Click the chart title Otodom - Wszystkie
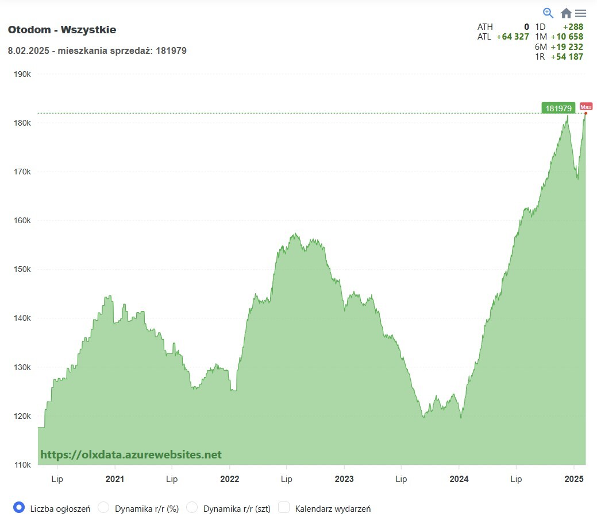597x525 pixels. pos(62,30)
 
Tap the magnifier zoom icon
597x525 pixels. pos(548,13)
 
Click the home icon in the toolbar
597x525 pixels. pos(566,13)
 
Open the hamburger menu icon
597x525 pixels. pos(580,13)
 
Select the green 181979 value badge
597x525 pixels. pos(558,108)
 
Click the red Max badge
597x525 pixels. pos(586,107)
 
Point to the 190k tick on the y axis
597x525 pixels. pos(22,74)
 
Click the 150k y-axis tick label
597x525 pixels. pos(22,269)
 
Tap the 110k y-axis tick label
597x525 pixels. pos(22,465)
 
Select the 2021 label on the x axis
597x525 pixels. pos(115,479)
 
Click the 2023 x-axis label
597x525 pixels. pos(344,479)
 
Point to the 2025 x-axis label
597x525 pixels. pos(574,479)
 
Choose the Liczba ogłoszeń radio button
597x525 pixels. pos(19,507)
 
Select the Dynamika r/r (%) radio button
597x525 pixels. pos(103,507)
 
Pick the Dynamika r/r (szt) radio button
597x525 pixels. pos(192,507)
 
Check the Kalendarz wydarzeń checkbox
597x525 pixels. pos(284,507)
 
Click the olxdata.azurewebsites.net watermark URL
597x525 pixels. pos(131,454)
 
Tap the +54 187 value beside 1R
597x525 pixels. pos(567,57)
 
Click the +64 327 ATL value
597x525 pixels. pos(513,37)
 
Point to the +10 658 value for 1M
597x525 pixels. pos(567,37)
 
